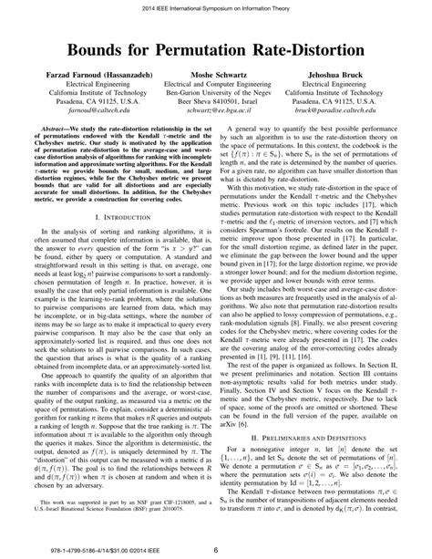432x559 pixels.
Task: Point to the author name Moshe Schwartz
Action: point(216,81)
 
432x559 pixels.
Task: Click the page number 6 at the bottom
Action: point(215,549)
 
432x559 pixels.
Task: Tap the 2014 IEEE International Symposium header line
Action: point(215,7)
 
